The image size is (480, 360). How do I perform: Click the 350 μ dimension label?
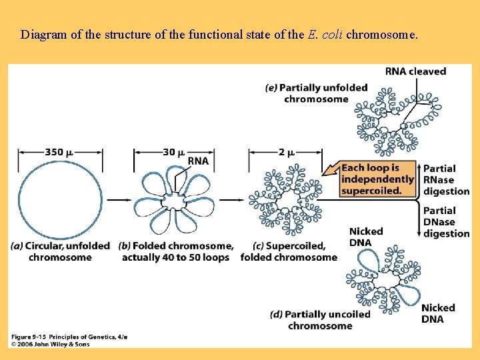coord(59,152)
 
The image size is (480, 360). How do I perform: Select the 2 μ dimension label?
coord(286,152)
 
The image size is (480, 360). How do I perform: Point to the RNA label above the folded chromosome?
coord(198,161)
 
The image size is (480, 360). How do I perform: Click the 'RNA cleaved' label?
coord(415,71)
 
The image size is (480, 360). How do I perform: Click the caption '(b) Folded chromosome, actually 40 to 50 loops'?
coord(176,251)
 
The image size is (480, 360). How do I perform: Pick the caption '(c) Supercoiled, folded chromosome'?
coord(289,251)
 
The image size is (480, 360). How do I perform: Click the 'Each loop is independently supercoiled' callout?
coord(377,179)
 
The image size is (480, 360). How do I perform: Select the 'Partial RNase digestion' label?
coord(446,179)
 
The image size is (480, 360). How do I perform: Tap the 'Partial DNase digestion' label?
coord(446,222)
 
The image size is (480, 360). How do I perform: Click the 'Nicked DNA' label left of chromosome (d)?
coord(366,237)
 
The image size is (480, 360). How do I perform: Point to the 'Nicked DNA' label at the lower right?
coord(438,313)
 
